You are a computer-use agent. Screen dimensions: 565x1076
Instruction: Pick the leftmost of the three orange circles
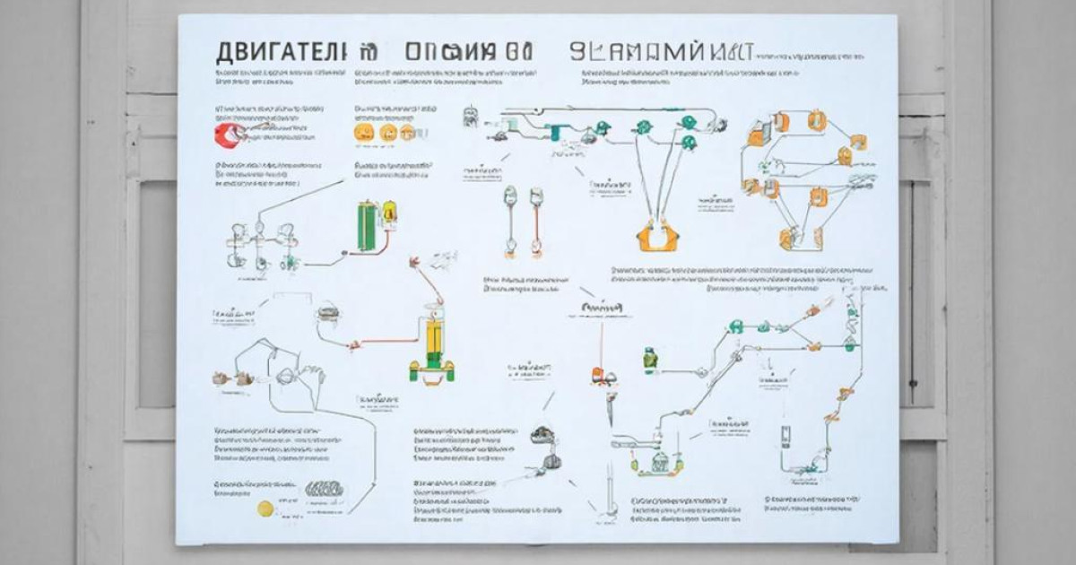363,133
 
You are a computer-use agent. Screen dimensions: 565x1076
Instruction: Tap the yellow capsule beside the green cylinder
389,213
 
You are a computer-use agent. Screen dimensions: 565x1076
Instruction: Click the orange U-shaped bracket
658,237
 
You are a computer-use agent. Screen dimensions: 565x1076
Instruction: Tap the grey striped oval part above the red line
327,314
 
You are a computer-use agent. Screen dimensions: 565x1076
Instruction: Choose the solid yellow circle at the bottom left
265,508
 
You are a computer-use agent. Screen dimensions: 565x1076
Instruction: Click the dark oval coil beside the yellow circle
324,490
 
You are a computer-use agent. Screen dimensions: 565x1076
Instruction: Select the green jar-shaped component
650,361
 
